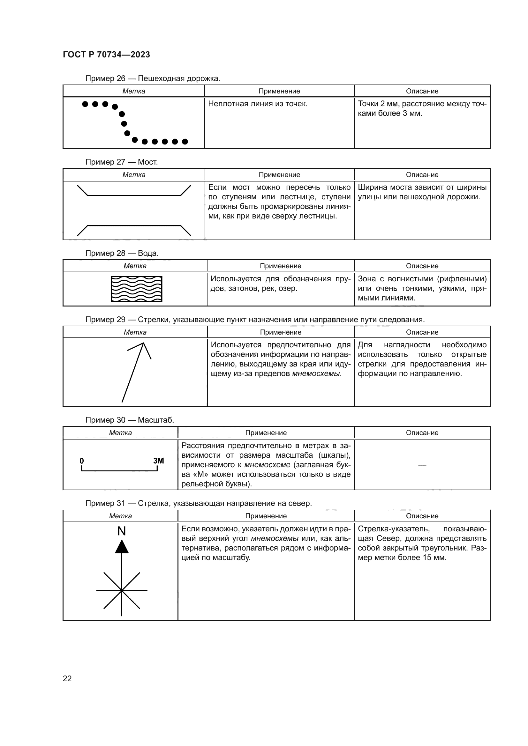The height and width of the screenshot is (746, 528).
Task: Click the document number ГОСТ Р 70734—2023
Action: (x=106, y=55)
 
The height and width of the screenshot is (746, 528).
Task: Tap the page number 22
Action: (x=67, y=678)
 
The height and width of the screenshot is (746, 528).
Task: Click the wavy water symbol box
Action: (x=137, y=289)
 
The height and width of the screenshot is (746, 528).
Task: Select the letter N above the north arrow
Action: (x=122, y=531)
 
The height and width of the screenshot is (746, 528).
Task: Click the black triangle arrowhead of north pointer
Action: (x=122, y=547)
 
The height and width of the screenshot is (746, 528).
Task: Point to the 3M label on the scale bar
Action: (x=158, y=461)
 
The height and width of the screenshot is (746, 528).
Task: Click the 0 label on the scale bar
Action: (x=82, y=461)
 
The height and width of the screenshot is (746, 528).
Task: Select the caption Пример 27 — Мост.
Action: (x=122, y=162)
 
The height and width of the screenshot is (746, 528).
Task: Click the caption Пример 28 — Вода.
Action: (x=122, y=253)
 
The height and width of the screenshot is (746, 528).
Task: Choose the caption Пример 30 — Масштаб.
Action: (x=130, y=420)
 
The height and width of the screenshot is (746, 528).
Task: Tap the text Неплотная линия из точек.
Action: (x=258, y=104)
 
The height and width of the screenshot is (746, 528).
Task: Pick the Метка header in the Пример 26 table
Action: (x=134, y=91)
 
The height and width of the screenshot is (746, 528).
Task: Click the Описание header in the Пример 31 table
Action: (x=422, y=516)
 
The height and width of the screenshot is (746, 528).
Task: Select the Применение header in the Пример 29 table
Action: (x=281, y=332)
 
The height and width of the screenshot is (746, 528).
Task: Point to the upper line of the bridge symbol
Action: (x=134, y=195)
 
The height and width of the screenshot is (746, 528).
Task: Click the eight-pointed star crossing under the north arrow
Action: (x=122, y=590)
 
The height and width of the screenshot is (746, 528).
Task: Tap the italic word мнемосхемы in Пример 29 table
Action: (x=316, y=374)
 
